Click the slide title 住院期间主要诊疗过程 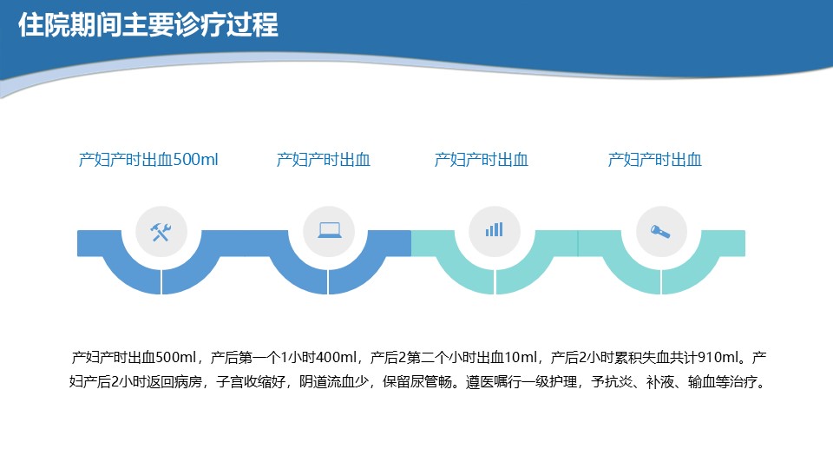[148, 25]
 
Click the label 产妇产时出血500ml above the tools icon [148, 160]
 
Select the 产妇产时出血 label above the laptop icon [323, 160]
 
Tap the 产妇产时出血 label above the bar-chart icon [482, 160]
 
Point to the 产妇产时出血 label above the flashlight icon [654, 160]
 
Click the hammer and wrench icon [161, 232]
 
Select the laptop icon [330, 230]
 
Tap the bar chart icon [494, 229]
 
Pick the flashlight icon [660, 231]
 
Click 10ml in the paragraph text [521, 357]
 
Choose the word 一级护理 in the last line [549, 382]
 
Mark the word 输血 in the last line [701, 382]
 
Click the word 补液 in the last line [659, 382]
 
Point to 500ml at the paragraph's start [175, 357]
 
